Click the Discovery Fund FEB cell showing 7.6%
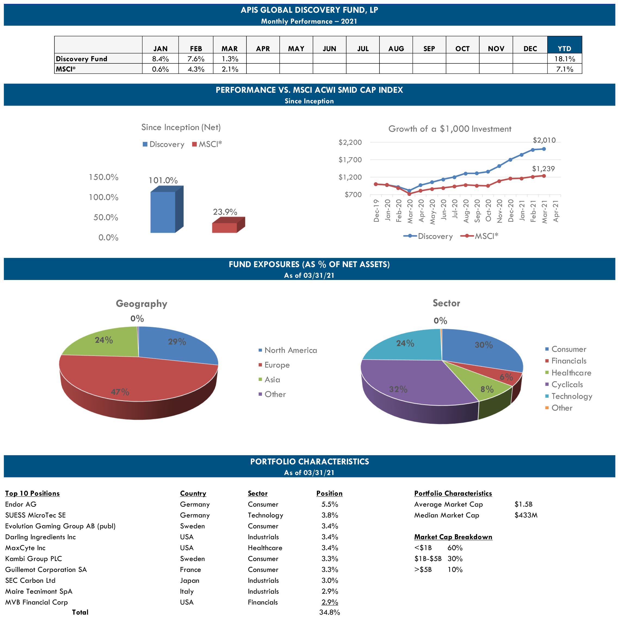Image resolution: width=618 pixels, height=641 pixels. pos(196,59)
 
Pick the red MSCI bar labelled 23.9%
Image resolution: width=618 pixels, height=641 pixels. pos(224,227)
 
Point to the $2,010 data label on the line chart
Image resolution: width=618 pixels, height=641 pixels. pos(544,140)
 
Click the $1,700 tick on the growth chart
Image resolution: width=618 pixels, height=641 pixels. pos(350,160)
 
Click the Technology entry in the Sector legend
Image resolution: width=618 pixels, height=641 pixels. pos(571,396)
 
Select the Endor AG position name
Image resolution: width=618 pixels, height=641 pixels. pos(21,504)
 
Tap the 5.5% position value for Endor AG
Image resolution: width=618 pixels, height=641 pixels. pos(329,504)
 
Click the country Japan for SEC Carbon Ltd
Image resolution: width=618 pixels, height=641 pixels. pos(189,581)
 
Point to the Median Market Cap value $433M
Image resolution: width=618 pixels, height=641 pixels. pos(526,515)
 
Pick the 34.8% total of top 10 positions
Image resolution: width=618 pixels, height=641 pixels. pos(329,612)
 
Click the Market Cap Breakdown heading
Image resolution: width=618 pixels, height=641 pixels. pos(453,537)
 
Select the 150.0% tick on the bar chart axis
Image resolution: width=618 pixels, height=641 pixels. pos(103,177)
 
